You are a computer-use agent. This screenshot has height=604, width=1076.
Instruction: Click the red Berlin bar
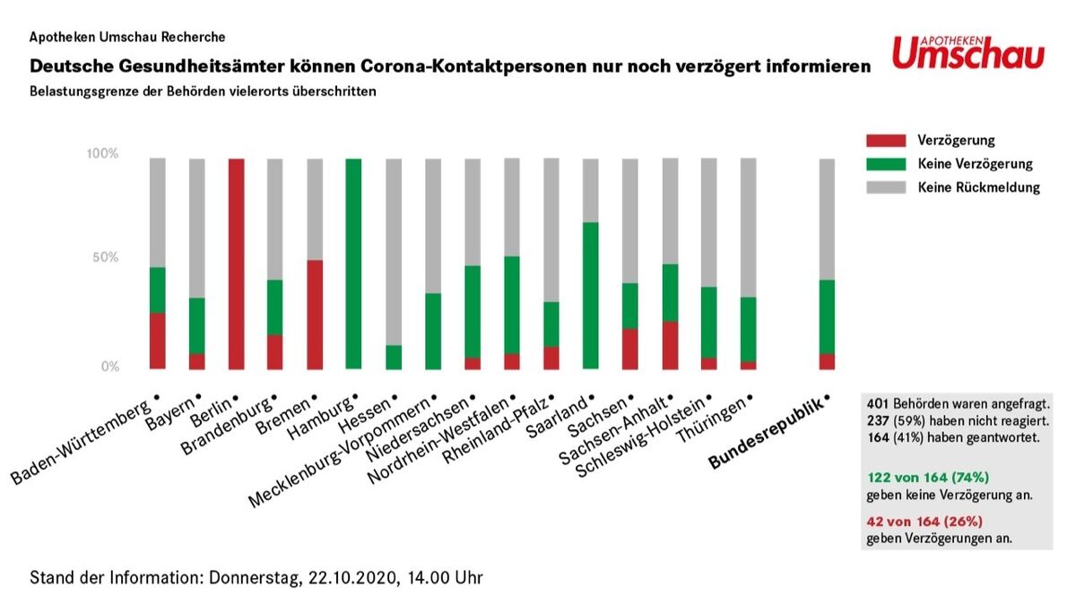click(236, 263)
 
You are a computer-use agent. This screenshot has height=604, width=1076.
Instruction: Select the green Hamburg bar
click(353, 263)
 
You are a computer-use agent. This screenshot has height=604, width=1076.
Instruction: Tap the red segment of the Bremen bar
click(315, 315)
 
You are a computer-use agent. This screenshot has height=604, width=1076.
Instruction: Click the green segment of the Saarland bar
click(590, 295)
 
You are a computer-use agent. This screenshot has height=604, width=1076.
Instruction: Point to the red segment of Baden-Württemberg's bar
click(157, 341)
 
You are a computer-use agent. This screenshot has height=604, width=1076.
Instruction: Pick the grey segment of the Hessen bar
click(393, 252)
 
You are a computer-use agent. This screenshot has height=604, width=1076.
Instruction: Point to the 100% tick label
click(102, 154)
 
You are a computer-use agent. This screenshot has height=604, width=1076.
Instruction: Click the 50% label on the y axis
click(107, 258)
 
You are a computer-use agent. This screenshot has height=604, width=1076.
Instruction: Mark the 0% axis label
click(110, 367)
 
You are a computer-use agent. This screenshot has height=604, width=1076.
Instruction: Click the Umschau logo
click(968, 53)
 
